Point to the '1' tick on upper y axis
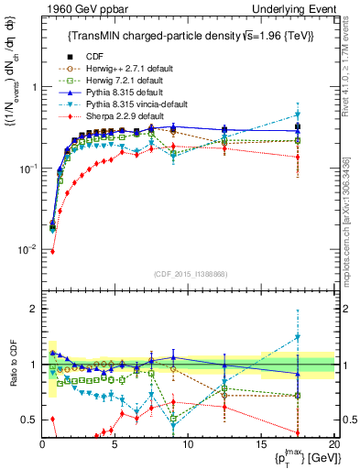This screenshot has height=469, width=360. click(x=34, y=88)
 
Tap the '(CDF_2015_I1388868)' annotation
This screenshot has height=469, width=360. click(x=189, y=275)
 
